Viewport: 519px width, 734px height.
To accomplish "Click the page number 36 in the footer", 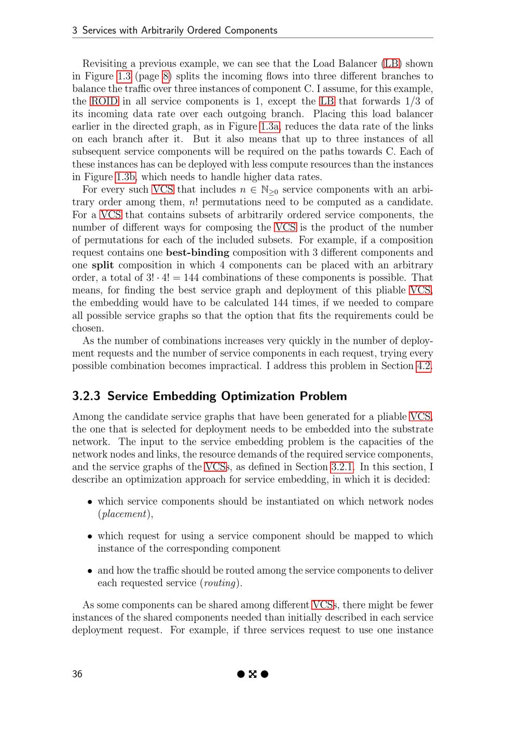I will [x=77, y=674].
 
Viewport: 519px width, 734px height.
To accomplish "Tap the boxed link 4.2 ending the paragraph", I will [x=424, y=366].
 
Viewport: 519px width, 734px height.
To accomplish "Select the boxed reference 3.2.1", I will [x=342, y=467].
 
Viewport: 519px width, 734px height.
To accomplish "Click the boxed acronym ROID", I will [x=104, y=101].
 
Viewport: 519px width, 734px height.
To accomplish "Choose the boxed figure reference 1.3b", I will [x=126, y=177].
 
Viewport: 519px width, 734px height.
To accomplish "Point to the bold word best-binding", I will [x=197, y=253].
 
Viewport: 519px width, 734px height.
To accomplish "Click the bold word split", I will [x=103, y=265].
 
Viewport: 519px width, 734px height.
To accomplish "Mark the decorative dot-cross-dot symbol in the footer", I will [x=253, y=674].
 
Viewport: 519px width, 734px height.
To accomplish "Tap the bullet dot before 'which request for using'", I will [x=90, y=536].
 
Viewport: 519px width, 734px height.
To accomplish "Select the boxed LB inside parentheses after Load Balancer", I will [x=391, y=64].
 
